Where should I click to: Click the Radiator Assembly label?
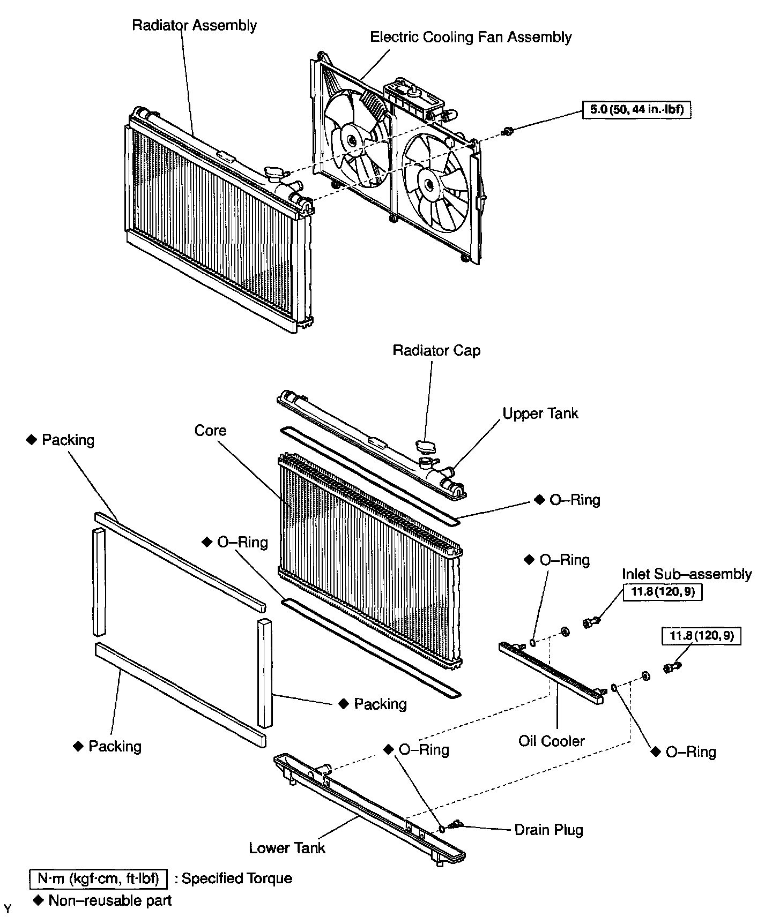(194, 25)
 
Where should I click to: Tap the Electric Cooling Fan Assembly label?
(471, 37)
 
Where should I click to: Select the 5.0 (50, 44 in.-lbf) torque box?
(637, 110)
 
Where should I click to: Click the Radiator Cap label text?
(436, 350)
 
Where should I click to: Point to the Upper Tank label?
(540, 413)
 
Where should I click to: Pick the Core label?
(210, 430)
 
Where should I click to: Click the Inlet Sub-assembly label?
(686, 574)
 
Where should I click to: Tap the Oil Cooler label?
(552, 741)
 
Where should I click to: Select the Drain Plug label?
(548, 830)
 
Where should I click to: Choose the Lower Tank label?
(287, 847)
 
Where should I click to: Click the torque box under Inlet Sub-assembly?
(663, 592)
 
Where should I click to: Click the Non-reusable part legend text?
(109, 900)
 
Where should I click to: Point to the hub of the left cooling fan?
(351, 141)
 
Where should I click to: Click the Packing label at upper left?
(68, 440)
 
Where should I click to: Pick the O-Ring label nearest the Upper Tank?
(574, 500)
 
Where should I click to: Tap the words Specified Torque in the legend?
(237, 878)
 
